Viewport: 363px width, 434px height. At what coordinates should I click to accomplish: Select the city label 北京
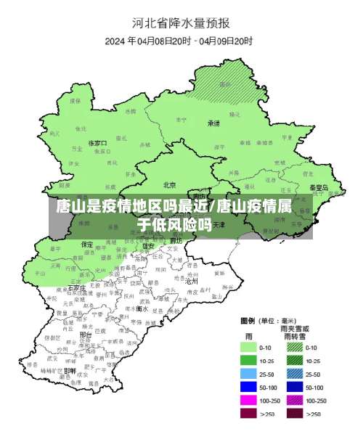click(170, 184)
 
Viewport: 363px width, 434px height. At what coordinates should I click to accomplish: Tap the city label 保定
click(86, 244)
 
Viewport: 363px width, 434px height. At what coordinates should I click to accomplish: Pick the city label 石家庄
click(77, 288)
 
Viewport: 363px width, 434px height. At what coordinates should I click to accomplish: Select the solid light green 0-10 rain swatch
click(250, 348)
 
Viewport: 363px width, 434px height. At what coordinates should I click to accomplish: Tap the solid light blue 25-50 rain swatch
click(250, 374)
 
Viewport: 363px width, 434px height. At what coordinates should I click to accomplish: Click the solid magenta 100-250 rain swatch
click(250, 400)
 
